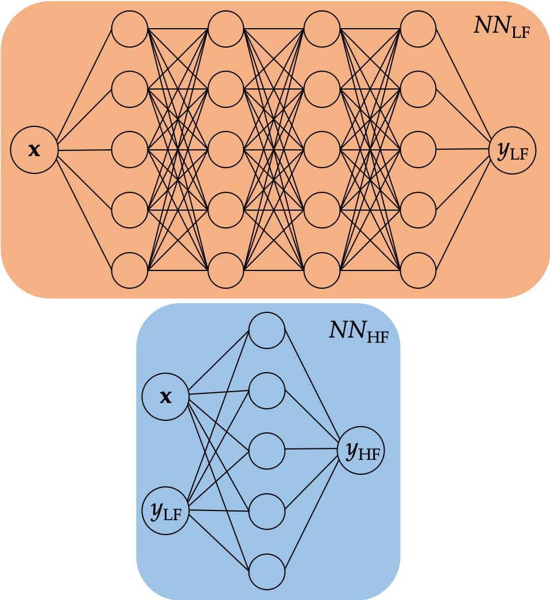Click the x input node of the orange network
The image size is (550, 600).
pos(34,150)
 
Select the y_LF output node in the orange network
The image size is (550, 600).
pos(512,150)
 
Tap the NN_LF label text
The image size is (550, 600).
pos(501,26)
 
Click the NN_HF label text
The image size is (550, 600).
pos(358,331)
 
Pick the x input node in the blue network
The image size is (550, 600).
pos(165,397)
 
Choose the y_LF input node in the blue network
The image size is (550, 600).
pos(165,510)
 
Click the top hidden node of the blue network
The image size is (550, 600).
pos(267,330)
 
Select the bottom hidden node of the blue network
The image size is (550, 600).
pos(267,572)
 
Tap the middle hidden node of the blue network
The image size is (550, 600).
pos(267,451)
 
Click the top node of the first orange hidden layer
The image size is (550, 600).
pos(130,29)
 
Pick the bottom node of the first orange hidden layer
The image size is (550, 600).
pos(130,270)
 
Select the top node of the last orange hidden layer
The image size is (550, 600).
pos(418,29)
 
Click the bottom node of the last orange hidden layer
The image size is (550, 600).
pos(418,270)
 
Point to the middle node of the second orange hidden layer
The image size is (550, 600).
pos(226,150)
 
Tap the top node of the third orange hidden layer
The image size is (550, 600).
pos(322,29)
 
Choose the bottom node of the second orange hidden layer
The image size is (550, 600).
pos(226,270)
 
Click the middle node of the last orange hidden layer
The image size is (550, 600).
pos(418,150)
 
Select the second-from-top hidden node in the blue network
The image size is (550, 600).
pos(267,390)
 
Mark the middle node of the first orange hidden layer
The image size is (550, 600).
pos(130,150)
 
